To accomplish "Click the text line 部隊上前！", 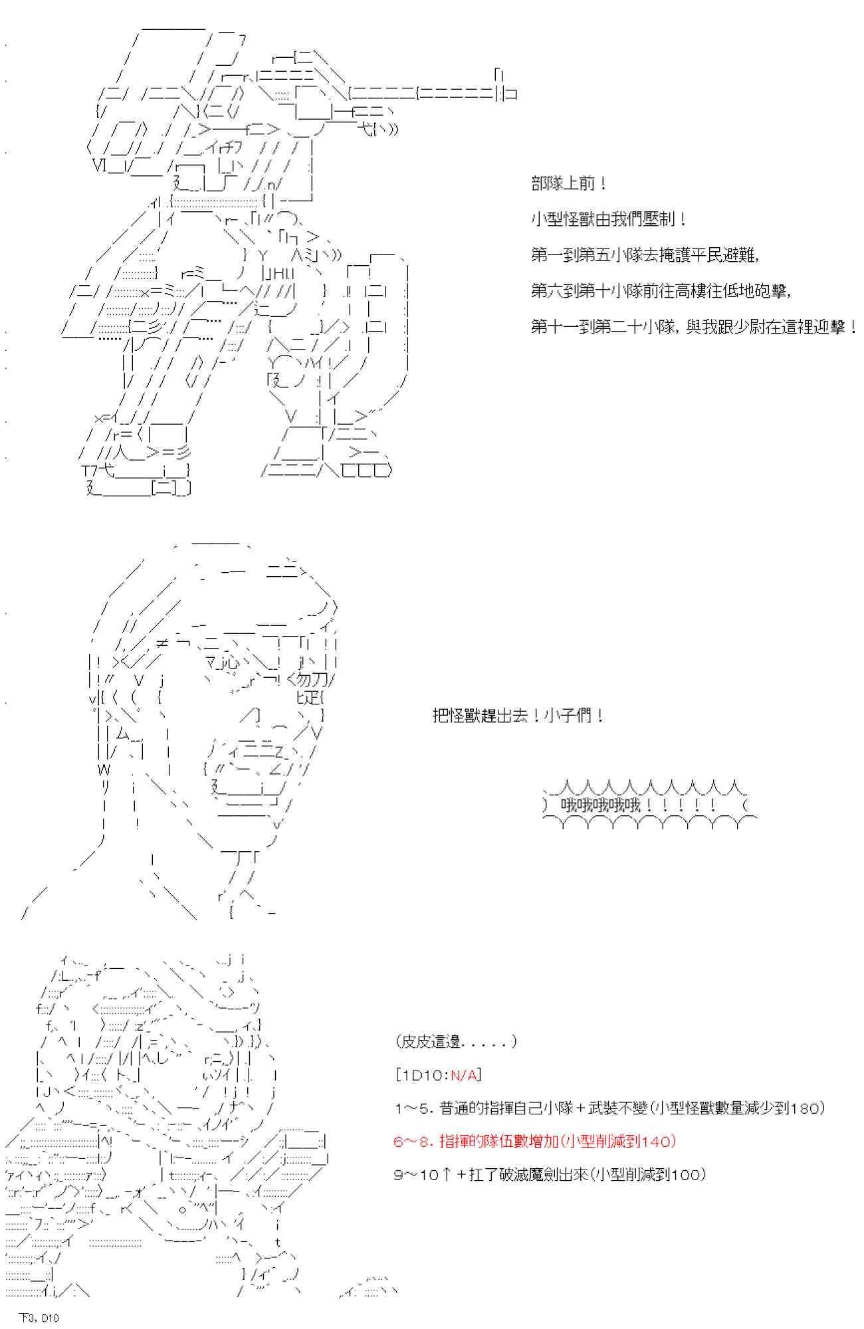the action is tap(568, 184).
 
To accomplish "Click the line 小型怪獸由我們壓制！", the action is tap(609, 219).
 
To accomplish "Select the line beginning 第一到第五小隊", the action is tap(645, 255).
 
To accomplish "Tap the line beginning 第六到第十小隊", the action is tap(661, 291).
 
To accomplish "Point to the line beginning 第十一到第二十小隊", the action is tap(694, 327).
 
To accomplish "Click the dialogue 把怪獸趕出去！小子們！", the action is tap(518, 716).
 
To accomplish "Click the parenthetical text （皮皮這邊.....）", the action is tap(456, 1041).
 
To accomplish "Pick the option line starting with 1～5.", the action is tap(609, 1108).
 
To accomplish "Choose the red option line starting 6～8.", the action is tap(535, 1141).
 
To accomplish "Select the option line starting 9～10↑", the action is tap(550, 1174).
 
